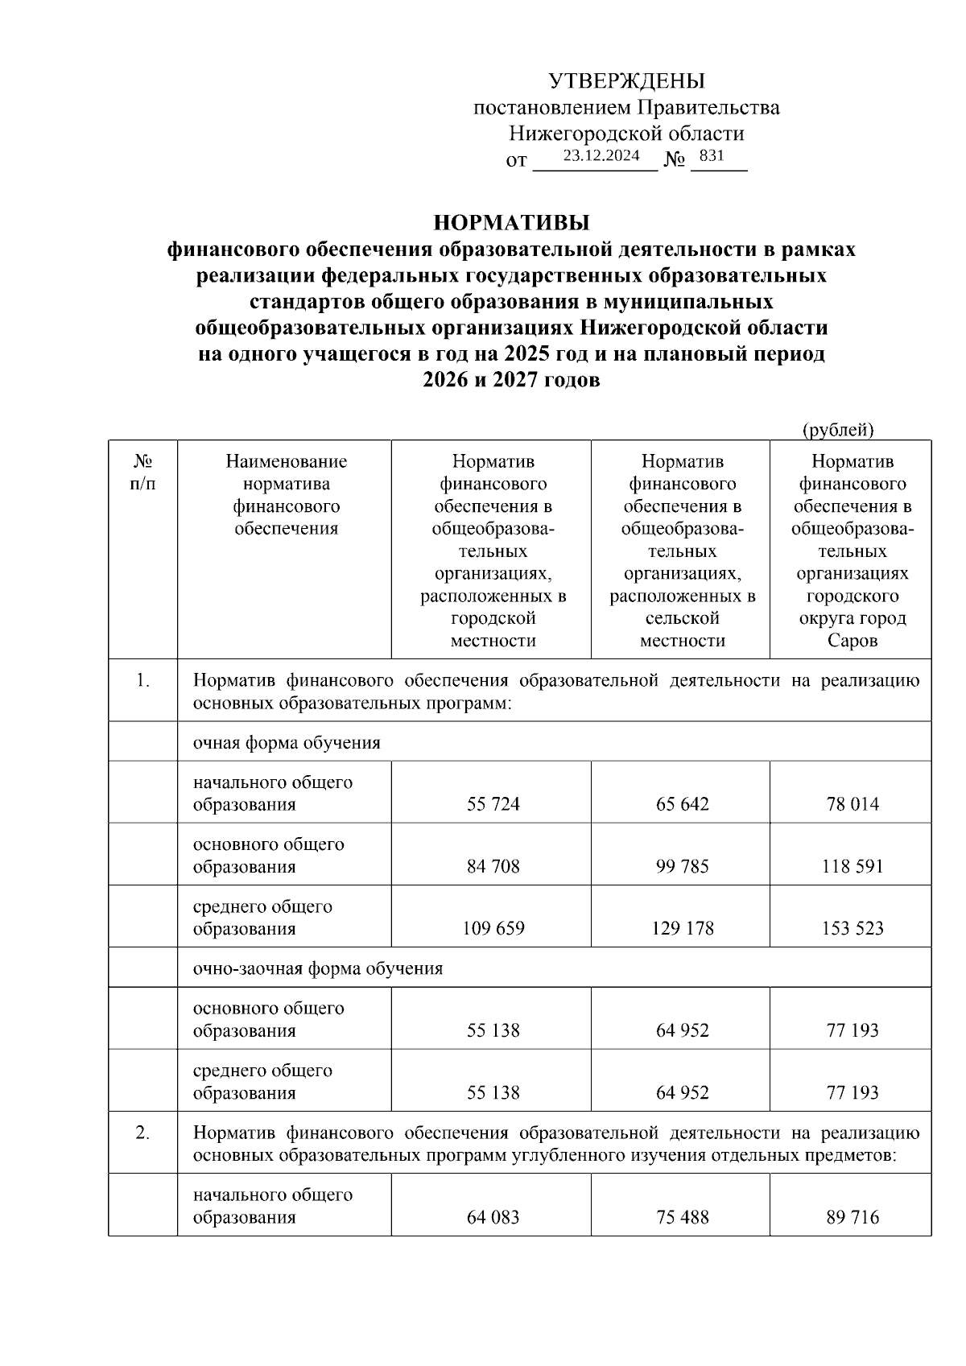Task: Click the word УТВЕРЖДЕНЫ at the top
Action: (626, 81)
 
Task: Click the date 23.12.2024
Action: (601, 156)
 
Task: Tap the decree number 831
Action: (712, 156)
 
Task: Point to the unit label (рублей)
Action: (837, 430)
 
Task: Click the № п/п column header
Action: (142, 473)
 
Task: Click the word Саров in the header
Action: (852, 642)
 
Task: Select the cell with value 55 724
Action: (493, 804)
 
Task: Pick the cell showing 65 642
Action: (682, 804)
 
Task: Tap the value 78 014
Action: (852, 804)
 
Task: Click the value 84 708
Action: (493, 867)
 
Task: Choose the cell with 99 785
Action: (682, 867)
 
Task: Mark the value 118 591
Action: (852, 867)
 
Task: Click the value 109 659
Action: (493, 929)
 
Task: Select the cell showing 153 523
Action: (852, 929)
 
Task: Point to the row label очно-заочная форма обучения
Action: (317, 968)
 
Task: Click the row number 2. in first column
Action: (142, 1133)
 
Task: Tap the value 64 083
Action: (493, 1218)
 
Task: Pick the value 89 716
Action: (852, 1218)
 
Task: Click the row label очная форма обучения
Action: (286, 743)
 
